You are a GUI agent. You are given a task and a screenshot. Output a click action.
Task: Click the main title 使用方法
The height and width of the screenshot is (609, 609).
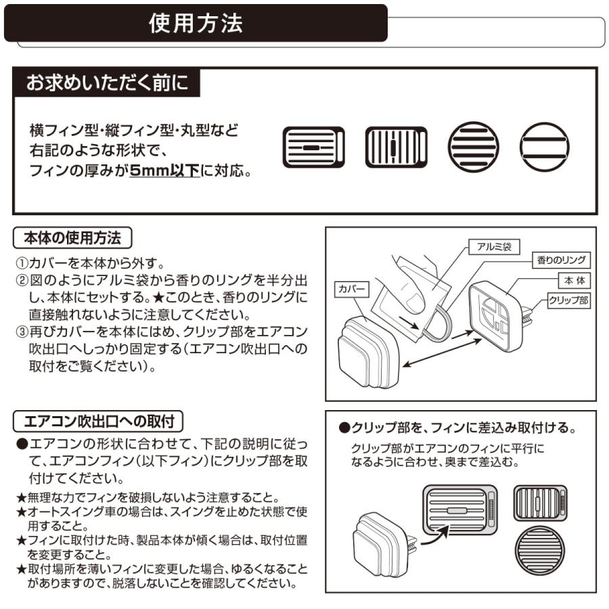pyautogui.click(x=196, y=24)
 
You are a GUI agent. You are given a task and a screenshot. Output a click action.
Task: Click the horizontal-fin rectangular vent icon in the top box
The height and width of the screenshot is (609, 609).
pyautogui.click(x=313, y=147)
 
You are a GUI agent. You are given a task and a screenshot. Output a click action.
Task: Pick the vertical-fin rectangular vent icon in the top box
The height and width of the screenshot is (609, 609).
pyautogui.click(x=396, y=147)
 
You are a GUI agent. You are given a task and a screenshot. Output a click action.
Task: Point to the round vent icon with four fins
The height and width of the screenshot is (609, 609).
pyautogui.click(x=473, y=147)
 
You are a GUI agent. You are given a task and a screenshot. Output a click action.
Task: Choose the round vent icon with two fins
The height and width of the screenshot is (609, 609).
pyautogui.click(x=545, y=147)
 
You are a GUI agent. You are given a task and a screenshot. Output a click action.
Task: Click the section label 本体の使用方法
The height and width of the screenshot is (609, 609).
pyautogui.click(x=72, y=238)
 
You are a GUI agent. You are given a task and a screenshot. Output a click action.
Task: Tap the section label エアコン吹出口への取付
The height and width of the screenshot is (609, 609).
pyautogui.click(x=99, y=422)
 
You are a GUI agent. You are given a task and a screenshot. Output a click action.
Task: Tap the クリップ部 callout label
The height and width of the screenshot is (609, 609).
pyautogui.click(x=568, y=300)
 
